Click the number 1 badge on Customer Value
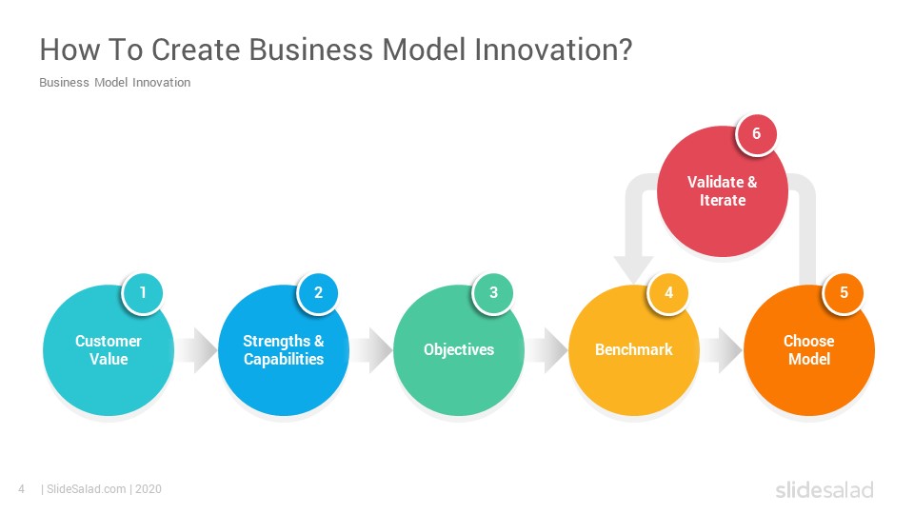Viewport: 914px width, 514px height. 142,292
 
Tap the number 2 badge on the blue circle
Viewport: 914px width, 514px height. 318,292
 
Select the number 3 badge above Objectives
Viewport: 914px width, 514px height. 493,292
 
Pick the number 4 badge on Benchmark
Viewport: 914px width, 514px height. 668,292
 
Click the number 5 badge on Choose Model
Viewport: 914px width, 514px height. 844,292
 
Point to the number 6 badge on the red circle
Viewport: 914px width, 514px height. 756,133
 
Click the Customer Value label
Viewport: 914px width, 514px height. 109,349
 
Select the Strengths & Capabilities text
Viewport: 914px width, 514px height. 284,349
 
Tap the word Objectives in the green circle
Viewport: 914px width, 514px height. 459,349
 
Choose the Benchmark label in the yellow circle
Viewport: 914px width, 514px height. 634,349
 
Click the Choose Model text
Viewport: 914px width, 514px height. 809,349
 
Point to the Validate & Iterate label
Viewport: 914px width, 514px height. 723,191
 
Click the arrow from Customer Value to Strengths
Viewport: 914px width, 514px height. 196,350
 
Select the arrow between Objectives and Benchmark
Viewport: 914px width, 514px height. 546,350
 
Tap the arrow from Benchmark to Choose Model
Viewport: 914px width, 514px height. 721,350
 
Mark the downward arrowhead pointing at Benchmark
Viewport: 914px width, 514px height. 634,269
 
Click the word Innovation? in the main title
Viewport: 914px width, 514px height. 553,49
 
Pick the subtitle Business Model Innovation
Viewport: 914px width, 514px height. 115,83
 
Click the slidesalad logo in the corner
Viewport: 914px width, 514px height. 825,489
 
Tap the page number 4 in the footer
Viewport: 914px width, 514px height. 22,489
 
